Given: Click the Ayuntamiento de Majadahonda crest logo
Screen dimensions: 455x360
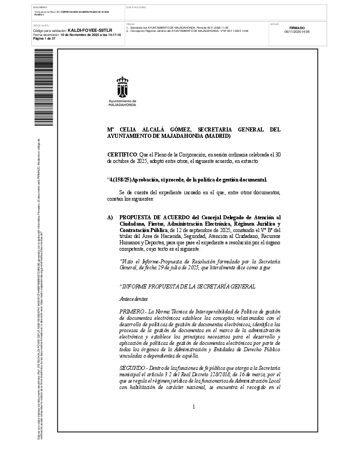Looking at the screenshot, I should [122, 86].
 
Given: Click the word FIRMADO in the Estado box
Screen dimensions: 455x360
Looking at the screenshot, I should [297, 28].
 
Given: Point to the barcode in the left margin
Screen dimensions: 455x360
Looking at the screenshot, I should [44, 87].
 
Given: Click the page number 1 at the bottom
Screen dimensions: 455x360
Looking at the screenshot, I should [194, 406].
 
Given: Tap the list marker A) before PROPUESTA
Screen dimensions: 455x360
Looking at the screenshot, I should [110, 217].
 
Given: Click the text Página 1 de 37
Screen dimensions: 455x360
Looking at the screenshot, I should [44, 38].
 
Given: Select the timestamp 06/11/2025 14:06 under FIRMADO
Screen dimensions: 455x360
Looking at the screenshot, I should [297, 32].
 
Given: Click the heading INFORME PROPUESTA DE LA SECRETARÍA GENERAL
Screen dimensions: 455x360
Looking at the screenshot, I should [187, 287].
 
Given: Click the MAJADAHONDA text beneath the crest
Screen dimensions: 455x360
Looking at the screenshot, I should [122, 105].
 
